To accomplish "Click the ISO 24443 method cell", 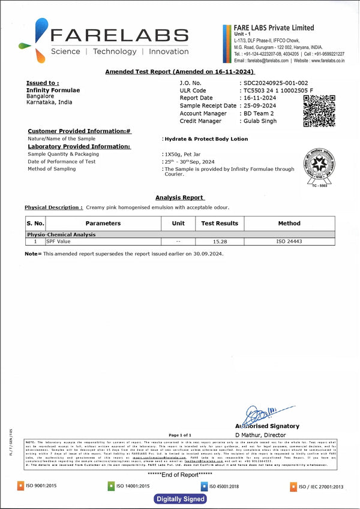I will tap(289, 242).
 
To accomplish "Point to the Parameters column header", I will tap(103, 224).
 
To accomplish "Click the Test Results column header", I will tap(219, 224).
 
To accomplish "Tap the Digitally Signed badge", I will tap(181, 499).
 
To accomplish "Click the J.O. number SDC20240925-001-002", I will tap(275, 83).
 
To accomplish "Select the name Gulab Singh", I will tap(260, 121).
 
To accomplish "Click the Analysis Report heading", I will tap(179, 197).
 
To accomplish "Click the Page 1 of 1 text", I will tap(180, 435).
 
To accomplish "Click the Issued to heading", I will tap(43, 83).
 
